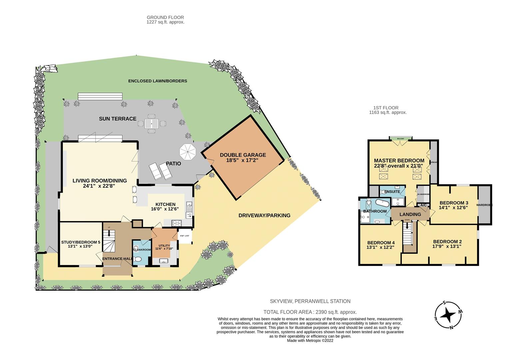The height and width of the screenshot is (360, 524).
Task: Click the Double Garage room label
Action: [243, 155]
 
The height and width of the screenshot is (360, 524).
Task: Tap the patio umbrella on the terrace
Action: [188, 152]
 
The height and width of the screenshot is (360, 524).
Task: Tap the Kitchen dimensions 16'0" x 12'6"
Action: [165, 209]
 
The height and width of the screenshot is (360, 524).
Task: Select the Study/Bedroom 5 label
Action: [81, 242]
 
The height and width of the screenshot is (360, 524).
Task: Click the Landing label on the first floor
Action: [410, 214]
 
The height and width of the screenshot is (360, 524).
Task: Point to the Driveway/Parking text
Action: [264, 215]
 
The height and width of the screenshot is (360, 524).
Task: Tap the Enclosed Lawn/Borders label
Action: [158, 81]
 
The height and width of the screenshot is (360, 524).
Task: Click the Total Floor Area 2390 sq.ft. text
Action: [310, 312]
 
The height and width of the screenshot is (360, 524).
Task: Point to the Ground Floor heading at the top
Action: [165, 17]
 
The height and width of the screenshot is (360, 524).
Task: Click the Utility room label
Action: [164, 246]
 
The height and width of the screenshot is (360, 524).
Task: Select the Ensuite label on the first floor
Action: [392, 192]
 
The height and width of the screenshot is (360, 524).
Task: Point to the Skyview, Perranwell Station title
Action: [310, 301]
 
